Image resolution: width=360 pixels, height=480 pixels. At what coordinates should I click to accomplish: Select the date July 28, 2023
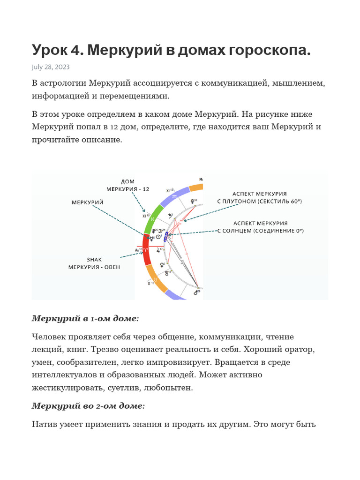point(51,67)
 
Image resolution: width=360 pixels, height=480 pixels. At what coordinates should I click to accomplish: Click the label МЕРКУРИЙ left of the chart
point(88,202)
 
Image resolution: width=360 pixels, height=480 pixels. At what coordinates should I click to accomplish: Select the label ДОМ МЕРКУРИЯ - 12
point(127,185)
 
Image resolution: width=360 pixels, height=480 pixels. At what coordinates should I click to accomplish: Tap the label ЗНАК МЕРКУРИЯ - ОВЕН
point(94,263)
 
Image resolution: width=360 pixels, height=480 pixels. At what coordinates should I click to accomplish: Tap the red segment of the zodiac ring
point(146,251)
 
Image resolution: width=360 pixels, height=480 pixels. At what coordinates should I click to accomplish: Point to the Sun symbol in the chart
point(159,237)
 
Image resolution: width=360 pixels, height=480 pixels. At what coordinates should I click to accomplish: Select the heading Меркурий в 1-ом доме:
point(85,319)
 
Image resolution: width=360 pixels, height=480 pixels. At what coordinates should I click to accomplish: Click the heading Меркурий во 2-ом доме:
point(88,406)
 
